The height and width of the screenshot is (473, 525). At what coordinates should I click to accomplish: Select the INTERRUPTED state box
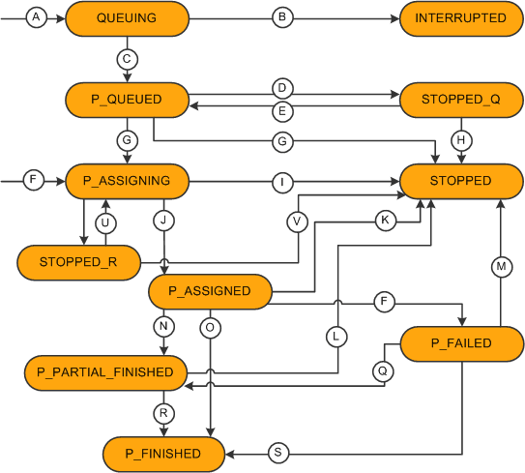coord(460,18)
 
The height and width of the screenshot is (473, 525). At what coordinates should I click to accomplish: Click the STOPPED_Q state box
coord(460,99)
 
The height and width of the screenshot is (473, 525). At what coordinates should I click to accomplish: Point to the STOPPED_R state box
coord(78,261)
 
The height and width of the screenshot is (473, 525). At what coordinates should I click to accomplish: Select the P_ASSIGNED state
coord(210,290)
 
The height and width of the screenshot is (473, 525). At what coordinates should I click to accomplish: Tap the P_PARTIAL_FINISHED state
coord(104,371)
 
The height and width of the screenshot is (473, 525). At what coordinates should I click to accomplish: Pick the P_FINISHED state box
coord(163,453)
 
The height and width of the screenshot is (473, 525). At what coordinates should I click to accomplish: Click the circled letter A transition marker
coord(37,18)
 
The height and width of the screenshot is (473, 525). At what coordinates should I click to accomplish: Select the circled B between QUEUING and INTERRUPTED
coord(282,18)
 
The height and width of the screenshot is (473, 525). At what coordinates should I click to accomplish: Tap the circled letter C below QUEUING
coord(127,59)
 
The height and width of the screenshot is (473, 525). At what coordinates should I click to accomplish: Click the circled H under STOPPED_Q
coord(461,140)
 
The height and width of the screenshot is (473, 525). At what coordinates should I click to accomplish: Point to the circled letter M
coord(500,266)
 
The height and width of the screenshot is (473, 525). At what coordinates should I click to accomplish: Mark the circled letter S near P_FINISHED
coord(277,453)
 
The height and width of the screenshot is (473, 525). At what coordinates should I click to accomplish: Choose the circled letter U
coord(104,222)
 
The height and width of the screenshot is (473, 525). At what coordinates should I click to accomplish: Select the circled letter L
coord(337,336)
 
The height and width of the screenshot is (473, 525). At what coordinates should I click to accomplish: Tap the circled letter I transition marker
coord(282,181)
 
